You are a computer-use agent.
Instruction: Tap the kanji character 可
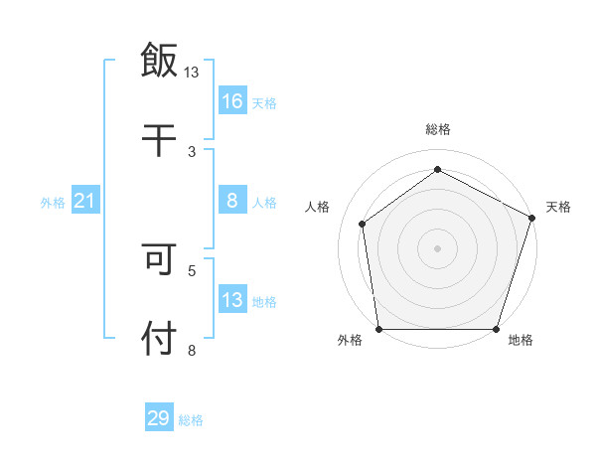pos(159,260)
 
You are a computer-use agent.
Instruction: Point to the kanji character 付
pos(159,338)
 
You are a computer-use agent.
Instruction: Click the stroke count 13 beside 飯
pos(192,73)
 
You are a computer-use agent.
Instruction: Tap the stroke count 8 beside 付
pos(192,350)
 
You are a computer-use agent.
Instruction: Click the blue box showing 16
pos(232,101)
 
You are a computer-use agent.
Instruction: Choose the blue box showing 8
pos(232,201)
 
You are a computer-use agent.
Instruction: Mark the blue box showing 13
pos(232,300)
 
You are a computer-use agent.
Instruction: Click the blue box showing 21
pos(84,202)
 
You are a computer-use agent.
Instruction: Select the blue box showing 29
pos(159,418)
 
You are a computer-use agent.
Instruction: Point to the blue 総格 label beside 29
pos(192,420)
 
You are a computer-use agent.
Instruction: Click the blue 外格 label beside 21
pos(53,203)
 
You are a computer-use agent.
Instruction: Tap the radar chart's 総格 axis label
pos(437,129)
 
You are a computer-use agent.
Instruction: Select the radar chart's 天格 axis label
pos(558,207)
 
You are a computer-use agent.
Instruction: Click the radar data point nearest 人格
pos(363,224)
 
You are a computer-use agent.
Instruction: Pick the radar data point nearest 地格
pos(496,329)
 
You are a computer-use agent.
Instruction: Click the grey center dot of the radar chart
pos(437,247)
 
